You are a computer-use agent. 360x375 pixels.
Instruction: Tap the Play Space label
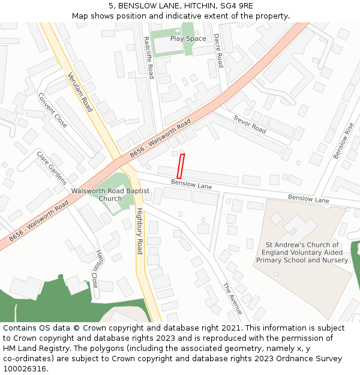188,38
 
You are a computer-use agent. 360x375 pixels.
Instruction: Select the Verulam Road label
80,92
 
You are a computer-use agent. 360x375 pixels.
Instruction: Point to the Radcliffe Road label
149,57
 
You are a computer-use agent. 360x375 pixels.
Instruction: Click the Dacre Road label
218,50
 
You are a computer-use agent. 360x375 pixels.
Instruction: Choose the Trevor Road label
250,124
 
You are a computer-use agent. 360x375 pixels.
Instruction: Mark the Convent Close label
53,110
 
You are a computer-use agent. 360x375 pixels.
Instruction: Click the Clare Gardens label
52,167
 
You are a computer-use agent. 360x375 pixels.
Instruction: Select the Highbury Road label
139,231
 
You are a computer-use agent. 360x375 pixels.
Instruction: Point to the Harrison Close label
97,269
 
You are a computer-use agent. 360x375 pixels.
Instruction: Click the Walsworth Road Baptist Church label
110,194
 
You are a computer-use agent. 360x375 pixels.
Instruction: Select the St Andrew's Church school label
302,253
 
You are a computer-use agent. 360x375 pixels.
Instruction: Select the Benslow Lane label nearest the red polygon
191,184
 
